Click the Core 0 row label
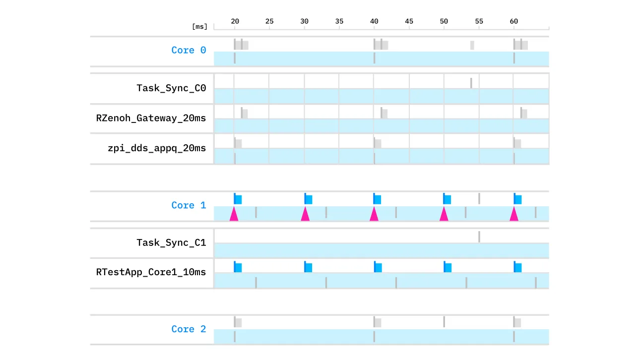point(189,50)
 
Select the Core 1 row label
point(189,205)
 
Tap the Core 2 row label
point(189,329)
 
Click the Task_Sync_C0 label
point(171,88)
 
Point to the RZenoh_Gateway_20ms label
point(151,118)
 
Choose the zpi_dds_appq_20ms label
point(156,148)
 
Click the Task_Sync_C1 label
point(171,242)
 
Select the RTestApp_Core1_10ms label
point(151,272)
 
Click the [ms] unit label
point(199,27)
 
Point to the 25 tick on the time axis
point(269,21)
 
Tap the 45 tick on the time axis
point(409,21)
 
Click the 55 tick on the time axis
point(479,21)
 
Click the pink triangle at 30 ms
point(305,214)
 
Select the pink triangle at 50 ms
point(444,214)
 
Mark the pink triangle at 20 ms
point(234,214)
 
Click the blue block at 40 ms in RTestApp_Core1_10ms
point(378,267)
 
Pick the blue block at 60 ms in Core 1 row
point(518,199)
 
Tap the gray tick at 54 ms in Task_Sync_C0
point(471,83)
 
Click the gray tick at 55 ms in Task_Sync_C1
point(479,237)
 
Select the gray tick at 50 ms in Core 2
point(444,322)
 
